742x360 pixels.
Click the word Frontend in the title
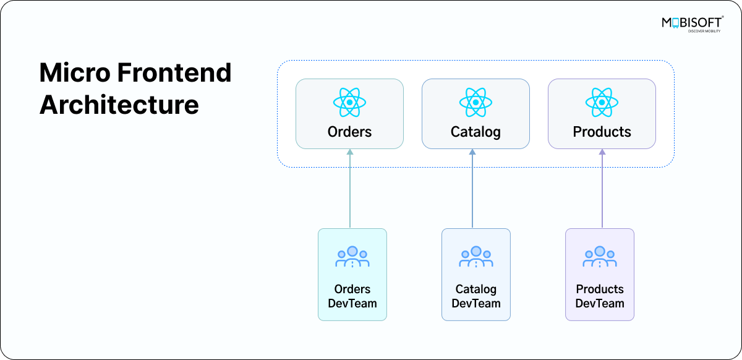174,73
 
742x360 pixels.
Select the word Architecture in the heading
119,105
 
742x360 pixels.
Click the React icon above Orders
349,101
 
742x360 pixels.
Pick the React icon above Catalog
475,101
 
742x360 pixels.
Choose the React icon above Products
602,101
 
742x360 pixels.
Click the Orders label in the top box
349,132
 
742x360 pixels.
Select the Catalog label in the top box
475,132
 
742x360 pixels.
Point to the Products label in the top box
602,132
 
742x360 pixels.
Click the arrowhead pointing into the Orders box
349,152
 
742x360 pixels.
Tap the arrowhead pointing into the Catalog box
472,152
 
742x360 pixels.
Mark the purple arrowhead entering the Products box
602,152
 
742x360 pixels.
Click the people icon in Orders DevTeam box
352,257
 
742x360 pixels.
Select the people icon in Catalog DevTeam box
475,257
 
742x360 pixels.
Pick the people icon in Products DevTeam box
599,257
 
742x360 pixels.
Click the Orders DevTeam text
352,296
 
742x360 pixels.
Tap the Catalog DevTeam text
475,296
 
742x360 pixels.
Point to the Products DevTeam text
599,296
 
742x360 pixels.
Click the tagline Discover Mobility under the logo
704,30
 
